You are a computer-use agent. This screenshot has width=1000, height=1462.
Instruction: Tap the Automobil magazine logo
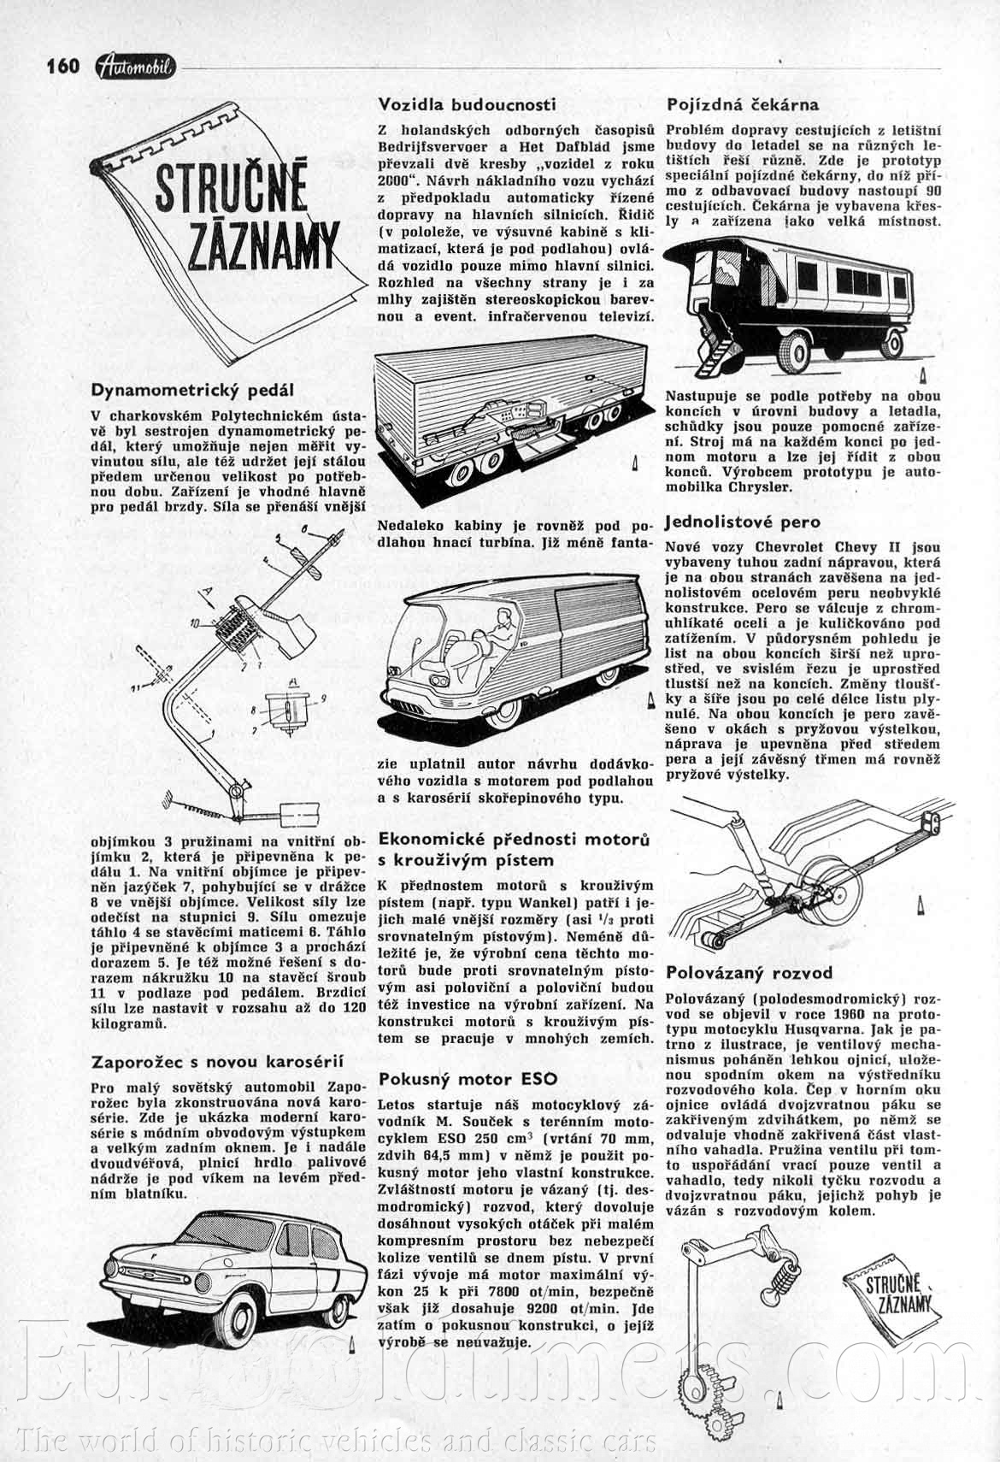(136, 66)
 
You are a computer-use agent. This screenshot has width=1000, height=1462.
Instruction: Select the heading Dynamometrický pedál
(192, 390)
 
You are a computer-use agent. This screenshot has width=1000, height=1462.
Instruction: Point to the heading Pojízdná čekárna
(742, 104)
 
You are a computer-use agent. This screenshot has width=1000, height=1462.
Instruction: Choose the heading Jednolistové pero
(743, 522)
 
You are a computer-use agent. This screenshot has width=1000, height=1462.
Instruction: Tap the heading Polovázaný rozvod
(749, 972)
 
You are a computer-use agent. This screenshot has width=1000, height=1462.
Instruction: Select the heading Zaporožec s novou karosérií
(217, 1061)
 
